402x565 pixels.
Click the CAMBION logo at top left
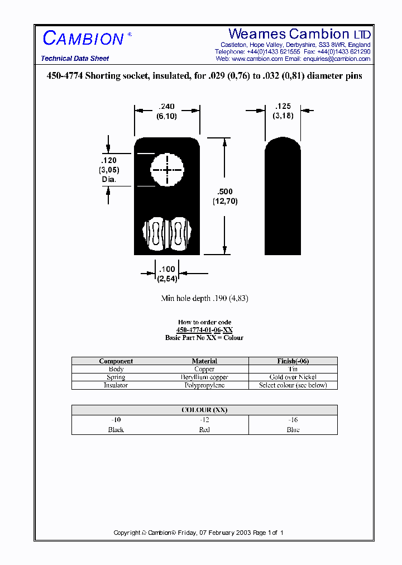[x=83, y=39]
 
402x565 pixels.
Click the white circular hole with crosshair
[x=167, y=169]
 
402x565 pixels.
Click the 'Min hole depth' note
[x=204, y=299]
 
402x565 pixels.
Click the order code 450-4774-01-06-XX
[x=204, y=330]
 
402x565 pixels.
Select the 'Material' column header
[x=204, y=361]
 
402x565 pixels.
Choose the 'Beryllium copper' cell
[x=204, y=377]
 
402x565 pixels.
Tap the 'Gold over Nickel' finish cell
[x=293, y=377]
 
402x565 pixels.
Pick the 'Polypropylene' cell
[x=204, y=385]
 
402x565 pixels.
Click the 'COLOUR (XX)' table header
[x=204, y=410]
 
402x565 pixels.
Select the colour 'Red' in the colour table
[x=204, y=430]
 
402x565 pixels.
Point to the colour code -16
[x=293, y=420]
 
